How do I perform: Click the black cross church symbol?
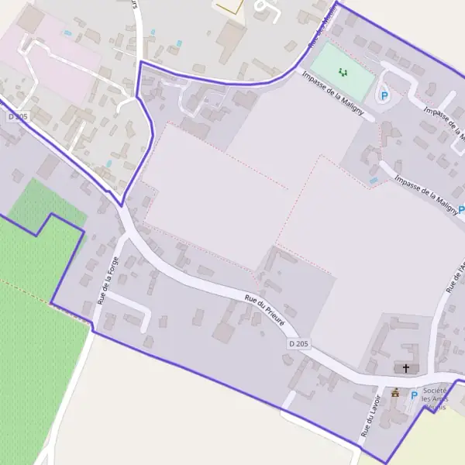point(405,367)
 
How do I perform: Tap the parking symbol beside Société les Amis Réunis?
point(413,395)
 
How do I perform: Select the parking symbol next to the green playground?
point(384,96)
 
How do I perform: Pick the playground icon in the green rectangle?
point(343,72)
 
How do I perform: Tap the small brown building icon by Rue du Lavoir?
point(395,393)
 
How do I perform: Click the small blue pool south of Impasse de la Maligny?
point(374,181)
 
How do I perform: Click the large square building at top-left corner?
point(31,19)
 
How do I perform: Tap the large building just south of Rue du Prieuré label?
point(224,332)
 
